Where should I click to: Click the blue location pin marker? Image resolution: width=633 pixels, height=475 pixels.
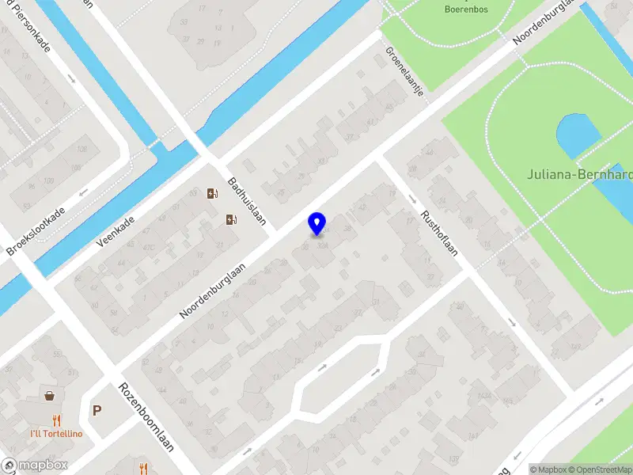coord(316,223)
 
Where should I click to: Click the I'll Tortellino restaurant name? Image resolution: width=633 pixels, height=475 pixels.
coord(57,434)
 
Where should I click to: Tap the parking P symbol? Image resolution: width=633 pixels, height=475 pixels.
coord(97,410)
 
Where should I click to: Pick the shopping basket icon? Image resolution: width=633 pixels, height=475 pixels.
coord(51,395)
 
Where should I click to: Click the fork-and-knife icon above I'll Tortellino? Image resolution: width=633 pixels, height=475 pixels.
coord(56,420)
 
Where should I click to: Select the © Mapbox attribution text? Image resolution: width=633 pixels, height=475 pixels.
coord(548,469)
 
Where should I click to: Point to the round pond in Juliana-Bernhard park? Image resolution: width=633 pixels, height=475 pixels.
coord(578,135)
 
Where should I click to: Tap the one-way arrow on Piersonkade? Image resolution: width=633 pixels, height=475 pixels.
coord(71,78)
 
